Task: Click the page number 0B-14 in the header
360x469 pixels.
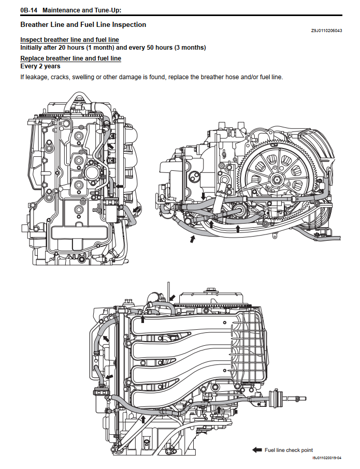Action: (x=29, y=10)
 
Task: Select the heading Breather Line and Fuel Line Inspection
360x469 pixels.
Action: (x=83, y=25)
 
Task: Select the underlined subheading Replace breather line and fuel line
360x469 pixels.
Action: (x=70, y=58)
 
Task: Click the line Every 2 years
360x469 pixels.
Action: (x=40, y=66)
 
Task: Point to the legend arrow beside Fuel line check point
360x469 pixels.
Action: (x=257, y=450)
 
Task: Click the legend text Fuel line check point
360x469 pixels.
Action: (x=289, y=450)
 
